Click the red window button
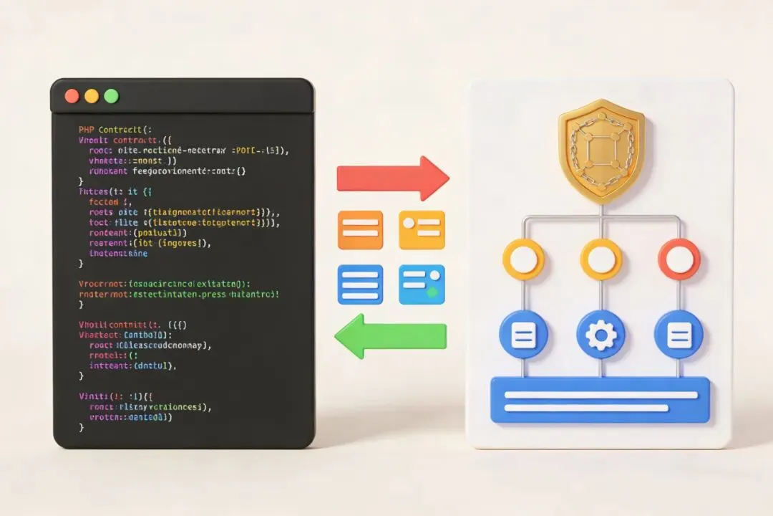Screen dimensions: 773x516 pos(72,96)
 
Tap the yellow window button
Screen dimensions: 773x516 pos(92,96)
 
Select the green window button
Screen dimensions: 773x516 pos(111,96)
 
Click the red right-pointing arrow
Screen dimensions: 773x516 pos(392,178)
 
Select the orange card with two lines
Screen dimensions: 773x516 pos(360,229)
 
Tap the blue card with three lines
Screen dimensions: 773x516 pos(360,285)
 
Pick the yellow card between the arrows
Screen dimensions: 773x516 pos(422,229)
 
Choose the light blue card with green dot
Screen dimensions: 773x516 pos(422,285)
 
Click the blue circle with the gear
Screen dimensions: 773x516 pos(601,335)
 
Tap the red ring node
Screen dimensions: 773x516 pos(679,259)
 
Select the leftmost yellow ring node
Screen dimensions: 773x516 pos(524,259)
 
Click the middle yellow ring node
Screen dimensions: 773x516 pos(601,259)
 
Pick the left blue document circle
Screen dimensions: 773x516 pos(524,335)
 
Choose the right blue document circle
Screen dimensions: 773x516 pos(679,335)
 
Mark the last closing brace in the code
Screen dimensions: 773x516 pos(81,427)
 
